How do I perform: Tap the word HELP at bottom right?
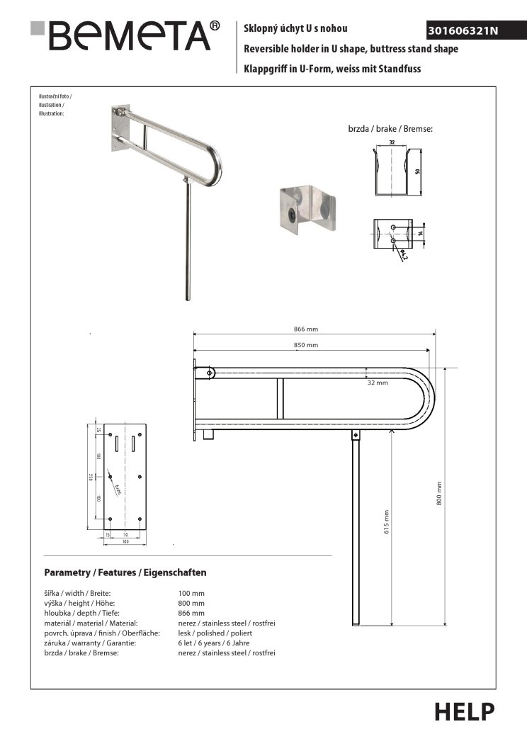(x=464, y=711)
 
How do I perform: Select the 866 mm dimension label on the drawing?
(x=306, y=329)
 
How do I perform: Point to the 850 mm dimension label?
(x=306, y=345)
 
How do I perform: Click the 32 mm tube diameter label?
(x=378, y=383)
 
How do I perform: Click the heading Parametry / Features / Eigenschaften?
(x=125, y=572)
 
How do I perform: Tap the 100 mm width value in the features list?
(x=191, y=592)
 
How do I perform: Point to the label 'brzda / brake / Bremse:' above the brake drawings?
(x=390, y=130)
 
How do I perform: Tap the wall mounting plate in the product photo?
(x=119, y=130)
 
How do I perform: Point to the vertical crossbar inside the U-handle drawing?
(x=280, y=398)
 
